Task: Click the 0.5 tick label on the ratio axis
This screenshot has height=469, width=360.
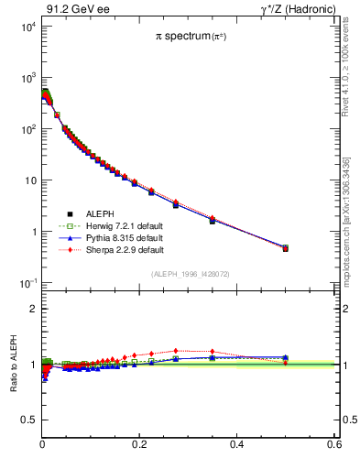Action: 28,420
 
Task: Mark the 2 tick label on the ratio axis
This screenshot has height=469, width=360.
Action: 33,309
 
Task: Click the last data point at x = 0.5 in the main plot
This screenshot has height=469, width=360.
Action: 285,247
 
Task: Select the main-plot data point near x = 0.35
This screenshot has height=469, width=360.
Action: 213,220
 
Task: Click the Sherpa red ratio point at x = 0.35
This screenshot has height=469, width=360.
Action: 213,352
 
